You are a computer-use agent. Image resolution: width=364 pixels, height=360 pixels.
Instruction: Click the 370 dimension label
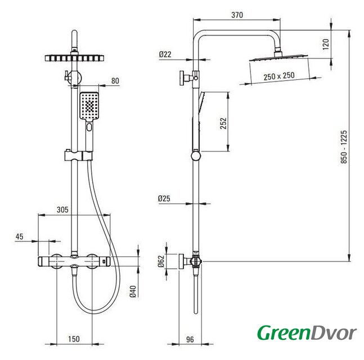[237, 15]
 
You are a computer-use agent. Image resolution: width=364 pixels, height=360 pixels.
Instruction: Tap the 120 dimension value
[326, 44]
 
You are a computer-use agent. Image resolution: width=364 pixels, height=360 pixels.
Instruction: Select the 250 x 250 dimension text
[279, 76]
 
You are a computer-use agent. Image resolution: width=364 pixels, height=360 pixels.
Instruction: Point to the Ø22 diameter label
[165, 55]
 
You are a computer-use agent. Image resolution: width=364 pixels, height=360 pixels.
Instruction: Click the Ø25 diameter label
[164, 199]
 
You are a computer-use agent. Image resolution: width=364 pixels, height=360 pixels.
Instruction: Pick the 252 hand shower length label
[223, 123]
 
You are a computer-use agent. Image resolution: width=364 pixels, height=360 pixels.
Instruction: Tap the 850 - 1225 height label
[344, 147]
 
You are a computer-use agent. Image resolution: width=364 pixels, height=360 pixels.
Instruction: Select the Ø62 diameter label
[161, 261]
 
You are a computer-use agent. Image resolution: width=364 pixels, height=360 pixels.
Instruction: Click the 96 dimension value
[190, 339]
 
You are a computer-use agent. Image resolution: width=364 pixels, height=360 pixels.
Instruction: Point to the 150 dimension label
[74, 339]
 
